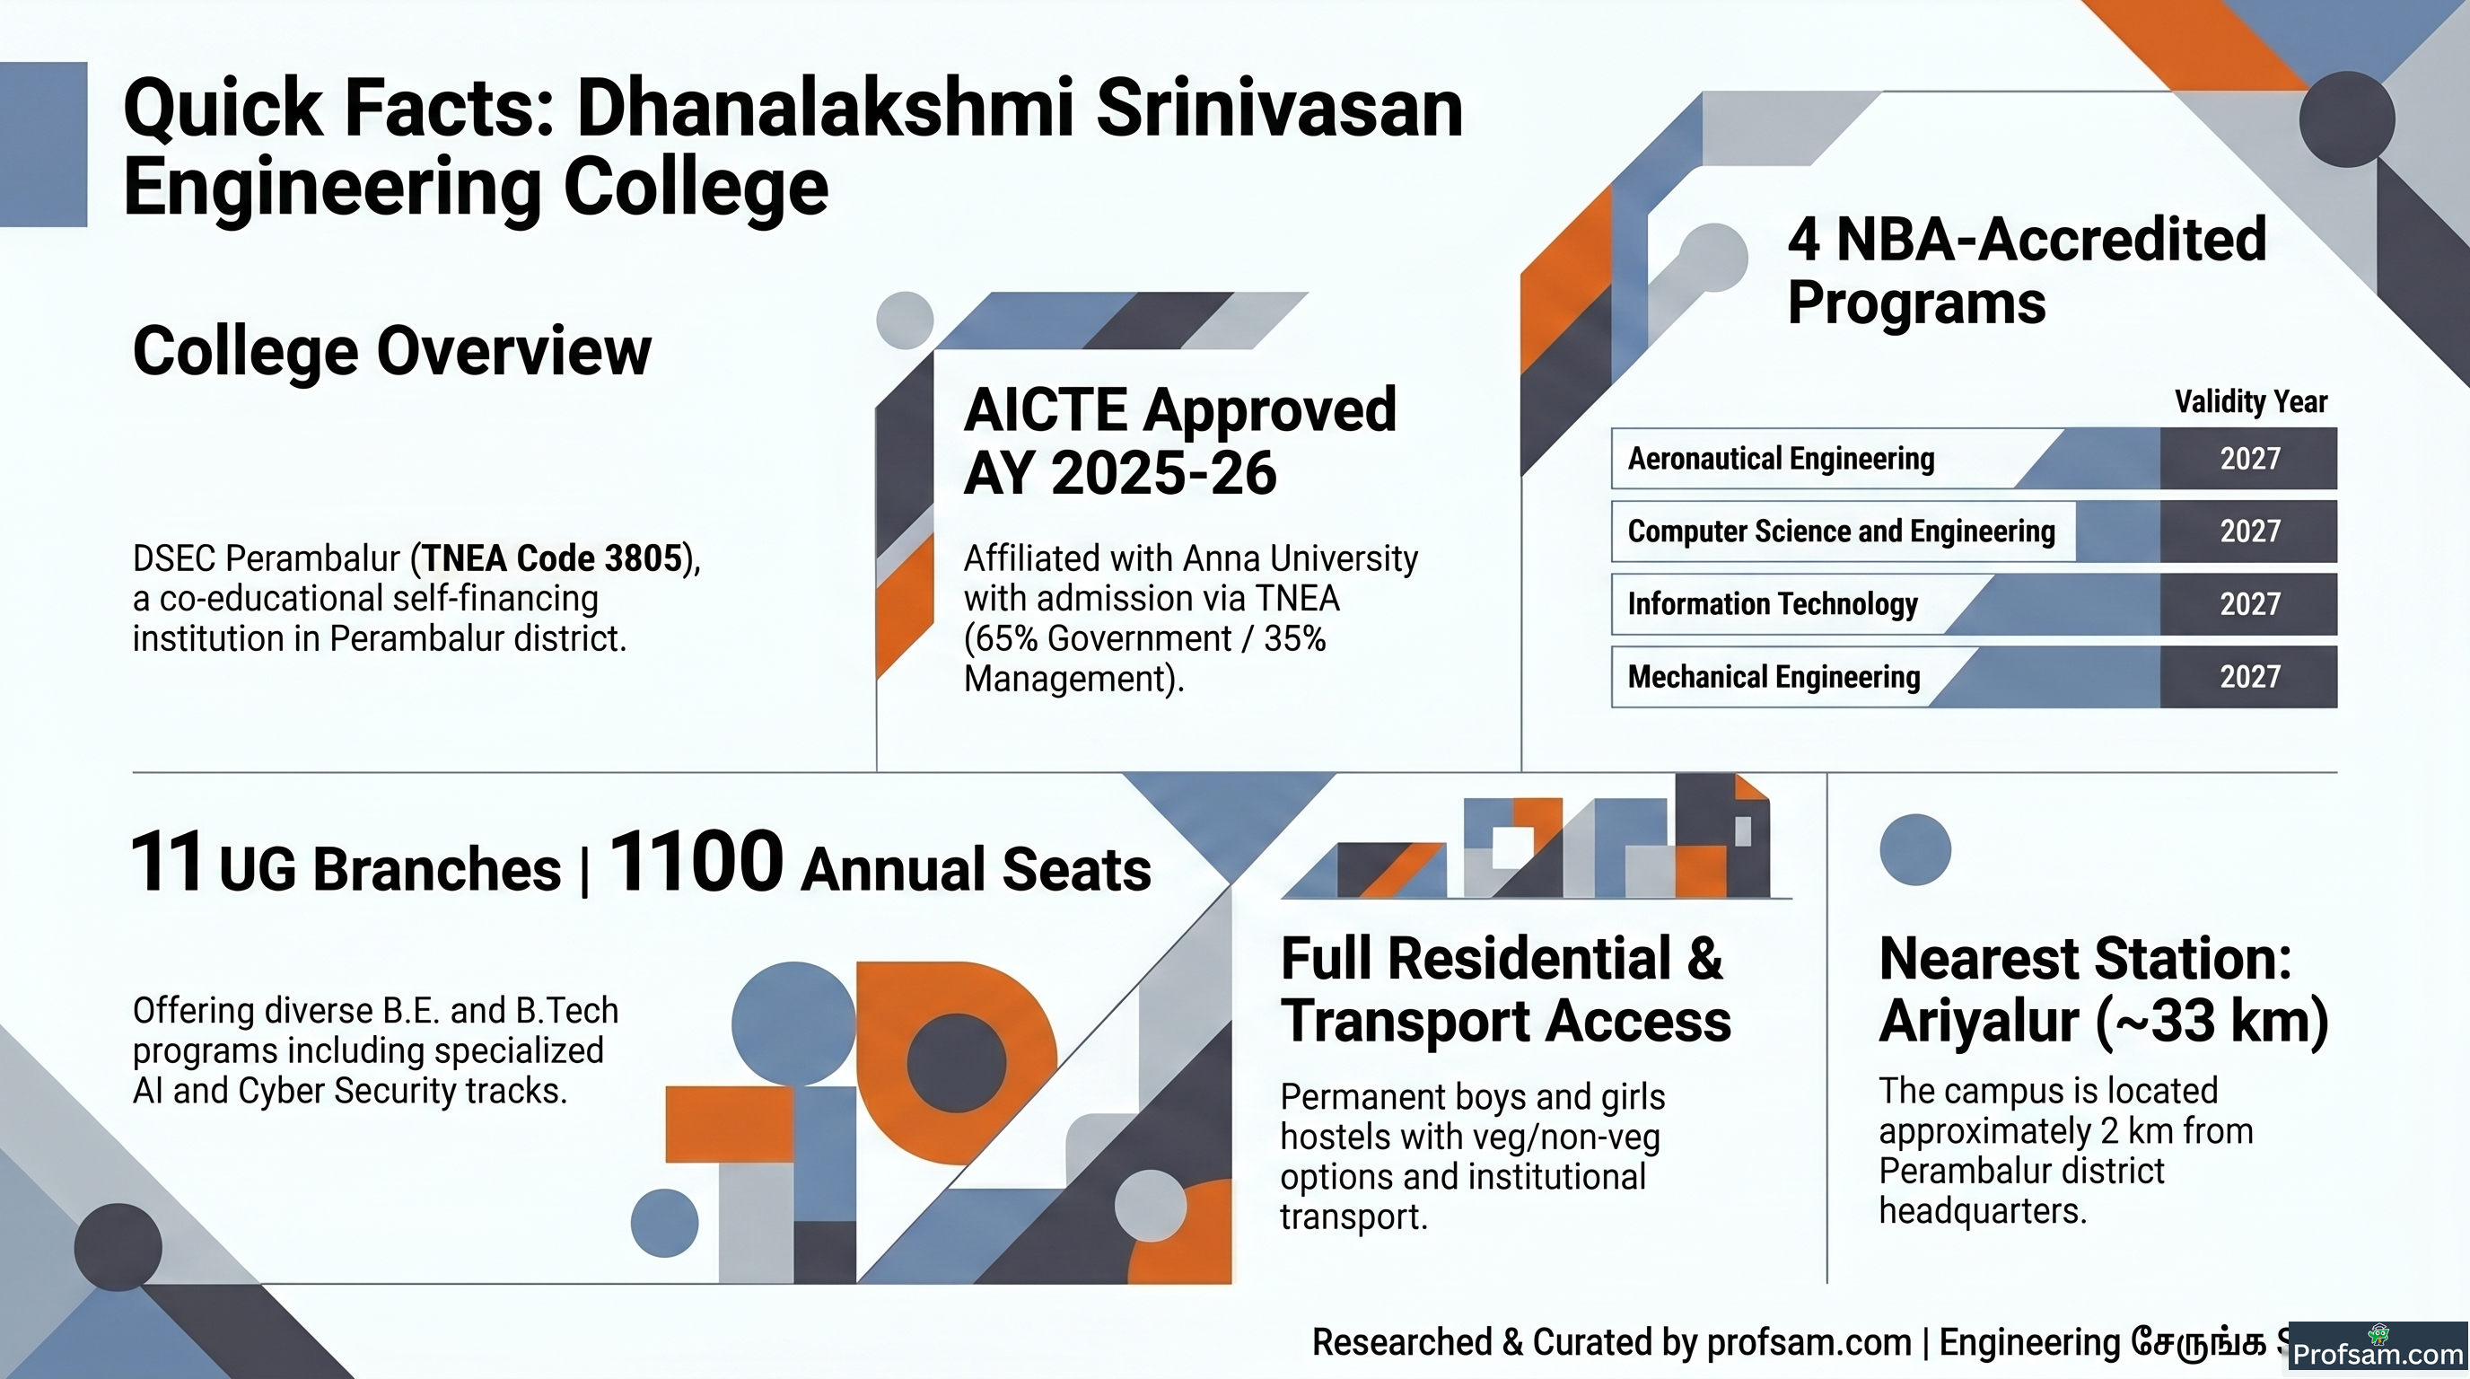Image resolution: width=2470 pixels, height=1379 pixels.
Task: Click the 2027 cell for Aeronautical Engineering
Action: pos(2248,459)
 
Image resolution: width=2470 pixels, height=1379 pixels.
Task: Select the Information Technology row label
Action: pos(1772,604)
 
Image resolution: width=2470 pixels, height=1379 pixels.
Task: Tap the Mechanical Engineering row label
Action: pos(1774,677)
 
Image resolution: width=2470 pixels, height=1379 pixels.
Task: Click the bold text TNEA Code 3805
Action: pos(551,558)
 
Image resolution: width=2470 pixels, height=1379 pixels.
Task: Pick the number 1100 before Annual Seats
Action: pos(696,862)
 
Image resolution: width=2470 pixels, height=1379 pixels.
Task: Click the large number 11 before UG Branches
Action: pos(166,862)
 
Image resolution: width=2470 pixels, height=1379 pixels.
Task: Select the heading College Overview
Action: pos(391,351)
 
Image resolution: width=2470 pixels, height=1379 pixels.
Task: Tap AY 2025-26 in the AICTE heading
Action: pos(1120,473)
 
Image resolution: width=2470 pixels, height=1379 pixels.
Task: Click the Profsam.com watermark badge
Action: pos(2377,1349)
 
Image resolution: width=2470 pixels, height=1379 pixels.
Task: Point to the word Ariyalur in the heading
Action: pos(1979,1021)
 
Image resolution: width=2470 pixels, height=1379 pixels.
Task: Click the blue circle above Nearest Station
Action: pos(1914,849)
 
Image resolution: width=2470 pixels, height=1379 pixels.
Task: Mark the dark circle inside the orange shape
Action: pos(956,1063)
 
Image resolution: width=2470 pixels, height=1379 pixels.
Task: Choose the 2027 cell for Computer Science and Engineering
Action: pos(2248,531)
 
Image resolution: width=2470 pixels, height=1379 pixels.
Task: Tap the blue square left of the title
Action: pos(43,145)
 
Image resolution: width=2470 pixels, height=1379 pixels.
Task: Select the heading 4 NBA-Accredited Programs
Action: pos(2026,270)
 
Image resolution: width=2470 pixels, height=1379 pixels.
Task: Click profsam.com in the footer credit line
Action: pos(1809,1342)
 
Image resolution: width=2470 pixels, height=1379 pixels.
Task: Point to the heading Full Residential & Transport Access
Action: pos(1505,989)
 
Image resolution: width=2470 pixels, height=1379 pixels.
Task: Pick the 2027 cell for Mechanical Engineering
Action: pos(2248,677)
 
